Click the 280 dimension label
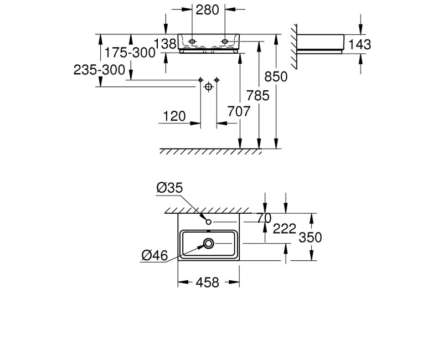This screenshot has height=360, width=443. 207,10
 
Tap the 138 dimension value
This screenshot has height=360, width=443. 164,44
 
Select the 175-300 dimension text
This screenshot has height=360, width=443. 130,53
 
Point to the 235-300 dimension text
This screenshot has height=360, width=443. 99,70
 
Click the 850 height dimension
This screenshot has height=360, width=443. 276,76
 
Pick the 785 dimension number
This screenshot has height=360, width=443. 258,95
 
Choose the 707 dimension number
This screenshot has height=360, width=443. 239,111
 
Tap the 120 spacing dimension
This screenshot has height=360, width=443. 174,116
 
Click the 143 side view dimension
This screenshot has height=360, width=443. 359,45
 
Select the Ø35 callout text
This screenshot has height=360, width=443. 170,188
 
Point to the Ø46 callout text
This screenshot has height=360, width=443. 155,255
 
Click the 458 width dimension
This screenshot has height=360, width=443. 207,282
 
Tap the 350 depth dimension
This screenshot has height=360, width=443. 310,238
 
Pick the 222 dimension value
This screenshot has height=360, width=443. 284,229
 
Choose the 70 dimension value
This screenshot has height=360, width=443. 264,218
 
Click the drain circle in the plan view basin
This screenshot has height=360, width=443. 209,243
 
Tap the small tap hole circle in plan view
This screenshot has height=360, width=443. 209,222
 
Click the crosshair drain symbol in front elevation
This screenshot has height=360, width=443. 208,87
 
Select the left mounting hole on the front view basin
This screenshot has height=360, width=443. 192,42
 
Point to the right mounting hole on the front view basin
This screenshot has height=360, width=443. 225,42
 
